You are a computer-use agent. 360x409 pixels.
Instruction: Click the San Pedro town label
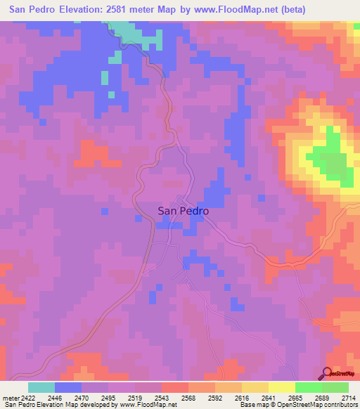click(x=182, y=210)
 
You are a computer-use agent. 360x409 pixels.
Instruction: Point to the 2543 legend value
click(x=161, y=398)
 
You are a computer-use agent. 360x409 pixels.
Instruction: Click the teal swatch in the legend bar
click(x=41, y=387)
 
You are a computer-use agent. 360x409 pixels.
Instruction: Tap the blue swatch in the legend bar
click(x=68, y=387)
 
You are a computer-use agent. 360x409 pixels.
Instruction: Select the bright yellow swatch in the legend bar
click(x=281, y=387)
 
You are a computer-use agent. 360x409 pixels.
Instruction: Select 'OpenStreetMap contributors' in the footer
click(x=316, y=405)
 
